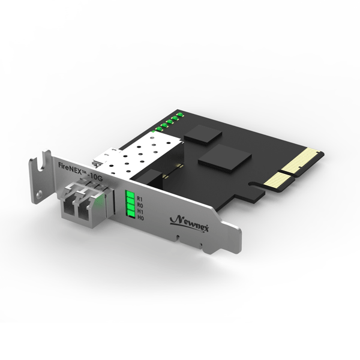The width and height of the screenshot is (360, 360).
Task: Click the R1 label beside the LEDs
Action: point(140,198)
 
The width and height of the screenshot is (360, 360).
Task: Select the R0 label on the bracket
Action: point(140,205)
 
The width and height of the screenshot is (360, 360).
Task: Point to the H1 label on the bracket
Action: point(140,211)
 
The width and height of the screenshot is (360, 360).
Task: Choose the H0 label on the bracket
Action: point(140,218)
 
